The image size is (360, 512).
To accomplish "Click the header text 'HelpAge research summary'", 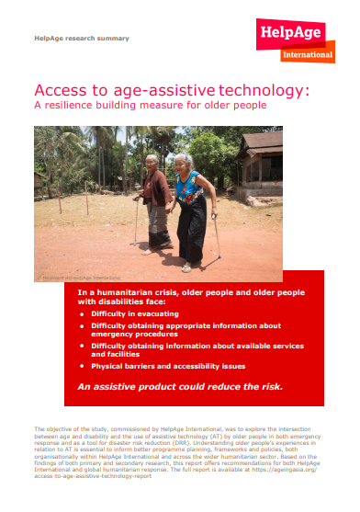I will click(x=81, y=39).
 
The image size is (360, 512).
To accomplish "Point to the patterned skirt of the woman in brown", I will click(x=159, y=225).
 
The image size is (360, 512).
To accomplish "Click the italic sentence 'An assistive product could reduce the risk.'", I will click(x=179, y=386).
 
